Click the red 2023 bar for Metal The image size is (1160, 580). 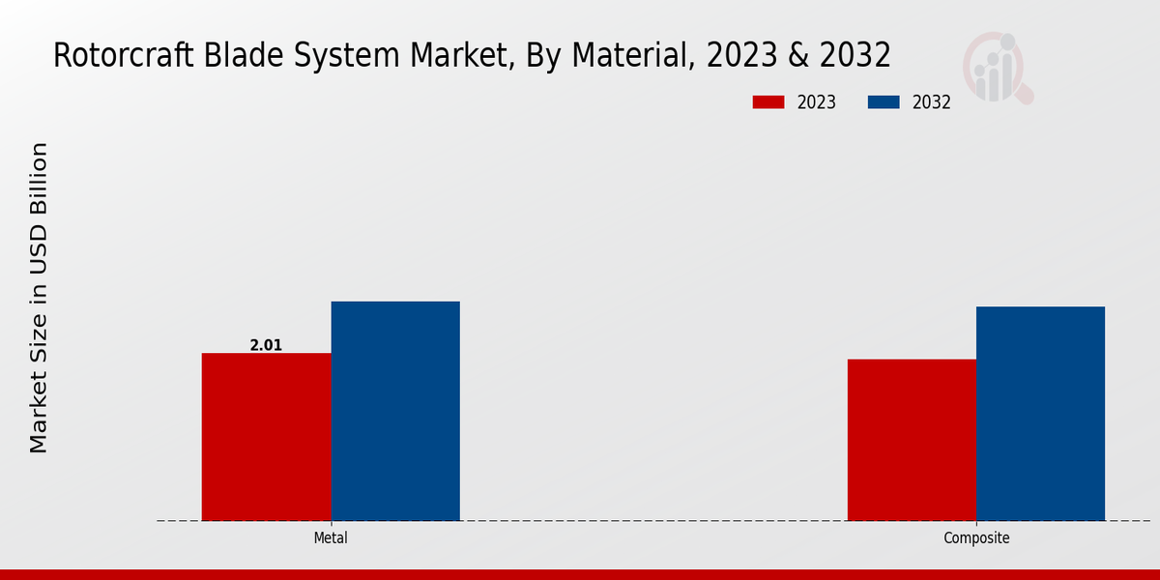pos(266,437)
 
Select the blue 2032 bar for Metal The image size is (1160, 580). pos(395,411)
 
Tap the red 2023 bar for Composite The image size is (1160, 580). pos(912,440)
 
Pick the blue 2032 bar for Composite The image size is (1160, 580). pos(1040,414)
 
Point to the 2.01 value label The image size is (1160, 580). pos(266,345)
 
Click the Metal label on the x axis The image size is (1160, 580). pos(331,538)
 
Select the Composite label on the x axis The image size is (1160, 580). pos(976,538)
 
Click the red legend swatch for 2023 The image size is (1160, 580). pos(768,102)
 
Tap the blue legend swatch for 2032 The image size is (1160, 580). pos(884,102)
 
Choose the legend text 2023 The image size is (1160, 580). pos(817,102)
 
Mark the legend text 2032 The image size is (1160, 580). pos(932,102)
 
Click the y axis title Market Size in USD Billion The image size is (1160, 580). pos(39,298)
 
